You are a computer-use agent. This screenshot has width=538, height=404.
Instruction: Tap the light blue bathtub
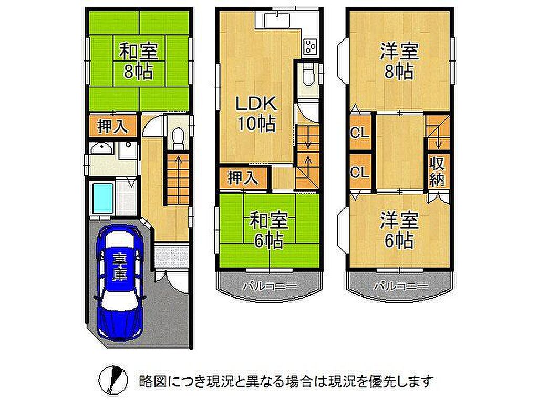click(104, 198)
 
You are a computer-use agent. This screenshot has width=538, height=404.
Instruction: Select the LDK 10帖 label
click(256, 114)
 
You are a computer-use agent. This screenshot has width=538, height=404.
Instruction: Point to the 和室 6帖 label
click(268, 230)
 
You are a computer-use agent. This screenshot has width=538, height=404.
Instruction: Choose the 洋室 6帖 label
click(399, 230)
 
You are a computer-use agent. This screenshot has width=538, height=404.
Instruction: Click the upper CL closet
click(359, 133)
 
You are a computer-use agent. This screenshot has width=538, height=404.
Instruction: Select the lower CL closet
click(359, 172)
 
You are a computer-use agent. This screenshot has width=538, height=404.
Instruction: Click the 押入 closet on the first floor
click(113, 126)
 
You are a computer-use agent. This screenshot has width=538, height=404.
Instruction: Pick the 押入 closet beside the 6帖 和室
click(243, 178)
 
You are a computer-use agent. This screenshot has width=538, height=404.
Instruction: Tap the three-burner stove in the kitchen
click(311, 47)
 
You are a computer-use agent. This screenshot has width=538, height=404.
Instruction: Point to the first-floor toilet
click(178, 138)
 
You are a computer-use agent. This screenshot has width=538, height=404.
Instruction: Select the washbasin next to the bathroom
click(101, 149)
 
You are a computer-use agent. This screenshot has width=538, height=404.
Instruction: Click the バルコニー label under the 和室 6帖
click(270, 286)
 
